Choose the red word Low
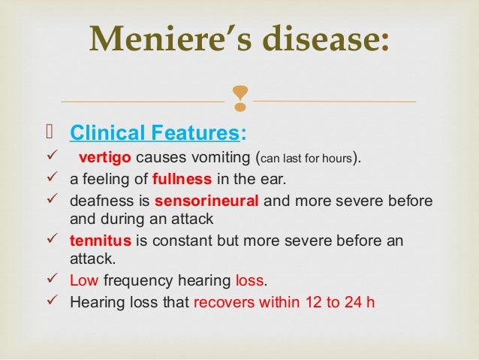point(83,281)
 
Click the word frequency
point(134,281)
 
